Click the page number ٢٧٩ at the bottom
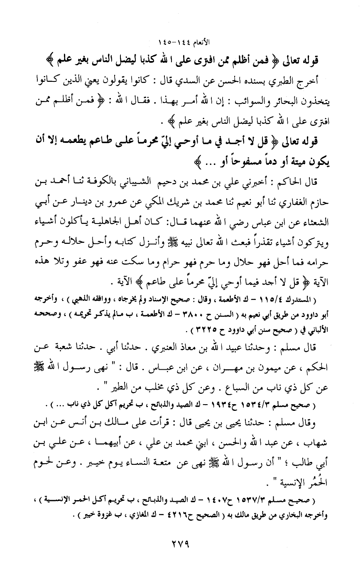(179, 543)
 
